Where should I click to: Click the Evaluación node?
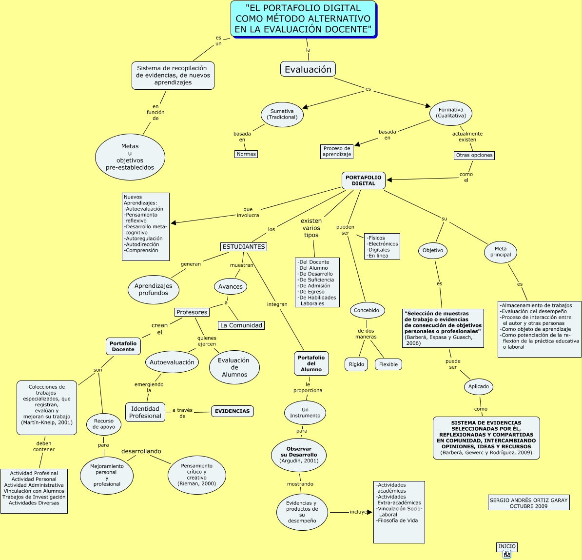[308, 69]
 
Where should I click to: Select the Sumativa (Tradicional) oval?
[282, 114]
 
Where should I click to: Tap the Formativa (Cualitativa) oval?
[451, 113]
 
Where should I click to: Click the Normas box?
[246, 154]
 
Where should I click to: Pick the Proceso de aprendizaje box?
[337, 151]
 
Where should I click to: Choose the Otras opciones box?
[474, 156]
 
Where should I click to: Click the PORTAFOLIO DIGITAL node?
[364, 180]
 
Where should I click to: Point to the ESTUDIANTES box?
[244, 247]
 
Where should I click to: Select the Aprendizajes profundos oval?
[154, 290]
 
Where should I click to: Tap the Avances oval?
[231, 286]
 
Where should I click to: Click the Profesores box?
[192, 312]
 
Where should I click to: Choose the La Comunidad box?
[241, 325]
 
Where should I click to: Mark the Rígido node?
[356, 364]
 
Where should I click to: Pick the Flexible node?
[388, 364]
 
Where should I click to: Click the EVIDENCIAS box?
[233, 411]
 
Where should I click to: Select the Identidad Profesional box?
[145, 412]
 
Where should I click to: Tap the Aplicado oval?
[479, 386]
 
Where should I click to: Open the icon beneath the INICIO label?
[507, 554]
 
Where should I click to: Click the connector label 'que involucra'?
[248, 212]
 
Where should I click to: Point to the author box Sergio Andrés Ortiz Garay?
[529, 503]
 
